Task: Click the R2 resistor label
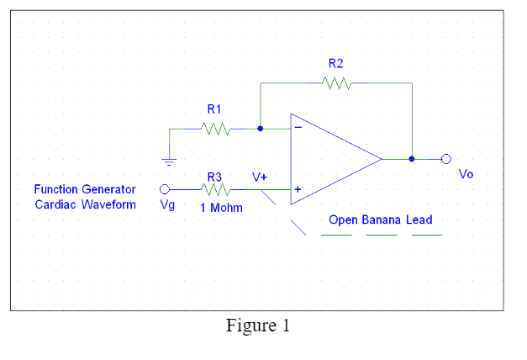336,63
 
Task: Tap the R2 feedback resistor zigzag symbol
336,82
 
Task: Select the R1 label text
214,109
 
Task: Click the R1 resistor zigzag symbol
215,129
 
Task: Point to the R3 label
214,177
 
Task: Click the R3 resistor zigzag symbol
215,189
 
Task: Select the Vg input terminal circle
166,189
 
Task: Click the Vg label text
167,205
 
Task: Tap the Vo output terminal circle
446,158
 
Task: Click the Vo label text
466,174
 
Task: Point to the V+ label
260,177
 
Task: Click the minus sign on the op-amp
297,128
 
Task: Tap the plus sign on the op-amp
297,190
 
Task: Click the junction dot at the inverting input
261,129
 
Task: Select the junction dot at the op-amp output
412,158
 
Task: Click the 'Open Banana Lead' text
380,220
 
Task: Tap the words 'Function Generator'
85,189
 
